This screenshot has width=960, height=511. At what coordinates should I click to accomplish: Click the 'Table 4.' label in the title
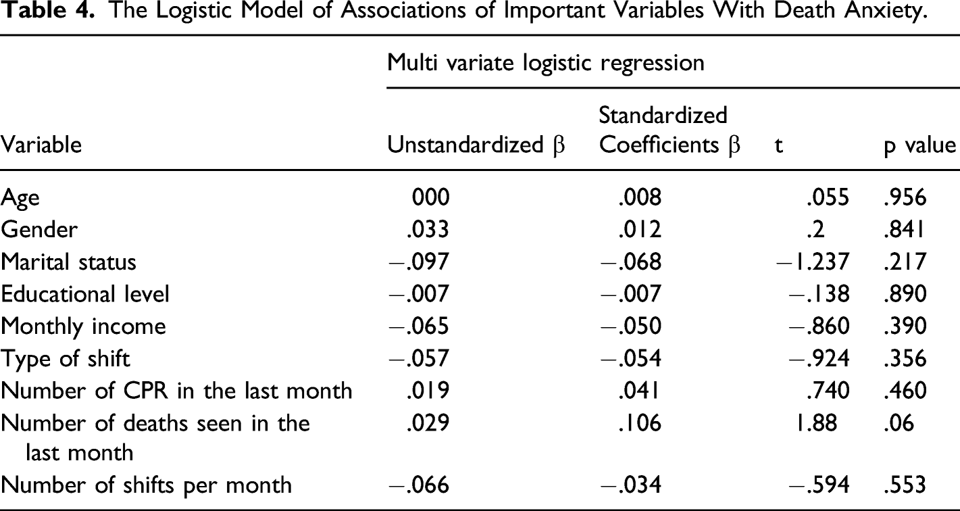point(47,10)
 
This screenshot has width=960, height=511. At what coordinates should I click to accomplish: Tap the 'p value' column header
point(919,145)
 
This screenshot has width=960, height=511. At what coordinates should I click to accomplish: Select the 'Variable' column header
point(41,145)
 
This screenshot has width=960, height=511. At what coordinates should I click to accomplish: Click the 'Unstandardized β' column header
point(476,145)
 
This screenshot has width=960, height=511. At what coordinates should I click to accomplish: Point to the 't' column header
point(779,145)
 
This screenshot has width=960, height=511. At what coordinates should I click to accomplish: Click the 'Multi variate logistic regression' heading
point(546,63)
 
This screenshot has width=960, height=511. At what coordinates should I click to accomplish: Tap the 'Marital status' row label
point(68,262)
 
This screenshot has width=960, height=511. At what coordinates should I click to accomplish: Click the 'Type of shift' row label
point(65,359)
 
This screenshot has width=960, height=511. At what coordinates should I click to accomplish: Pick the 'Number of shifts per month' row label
point(146,486)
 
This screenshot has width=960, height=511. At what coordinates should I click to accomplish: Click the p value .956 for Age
point(905,197)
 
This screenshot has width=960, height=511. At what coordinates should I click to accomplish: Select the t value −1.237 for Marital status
point(812,262)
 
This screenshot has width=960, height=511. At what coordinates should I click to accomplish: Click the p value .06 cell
point(899,423)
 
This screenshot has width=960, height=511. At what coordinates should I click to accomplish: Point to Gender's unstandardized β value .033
point(428,229)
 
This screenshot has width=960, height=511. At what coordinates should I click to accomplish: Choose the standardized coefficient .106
point(640,423)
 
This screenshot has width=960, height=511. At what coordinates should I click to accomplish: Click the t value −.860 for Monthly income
point(819,326)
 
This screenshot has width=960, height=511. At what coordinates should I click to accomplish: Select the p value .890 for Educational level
point(905,294)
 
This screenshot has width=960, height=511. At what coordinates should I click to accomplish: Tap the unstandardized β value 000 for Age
point(431,197)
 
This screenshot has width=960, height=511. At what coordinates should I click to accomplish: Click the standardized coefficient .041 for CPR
point(638,391)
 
